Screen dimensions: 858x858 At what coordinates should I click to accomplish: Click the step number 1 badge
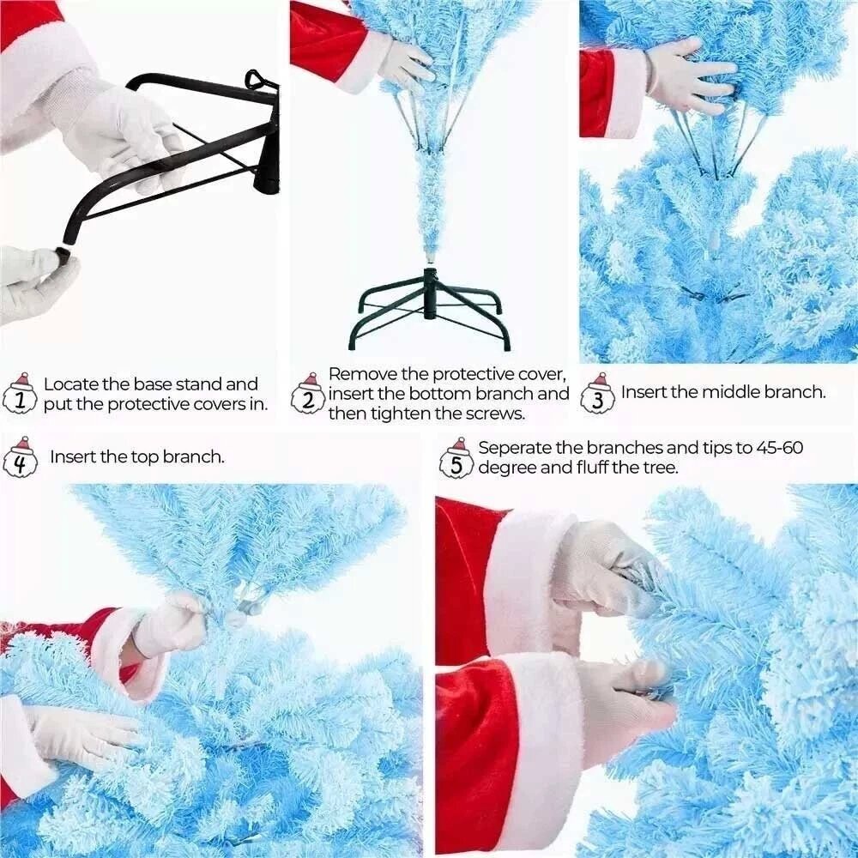(20, 394)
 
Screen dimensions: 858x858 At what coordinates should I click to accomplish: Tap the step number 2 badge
(309, 394)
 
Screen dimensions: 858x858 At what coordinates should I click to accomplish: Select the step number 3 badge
(598, 394)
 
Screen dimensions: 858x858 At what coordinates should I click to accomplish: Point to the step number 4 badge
(20, 457)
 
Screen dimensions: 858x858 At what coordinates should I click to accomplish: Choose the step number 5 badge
(457, 458)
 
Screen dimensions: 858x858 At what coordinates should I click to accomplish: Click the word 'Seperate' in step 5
(514, 448)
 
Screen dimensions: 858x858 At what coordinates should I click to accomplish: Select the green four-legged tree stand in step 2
(430, 309)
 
